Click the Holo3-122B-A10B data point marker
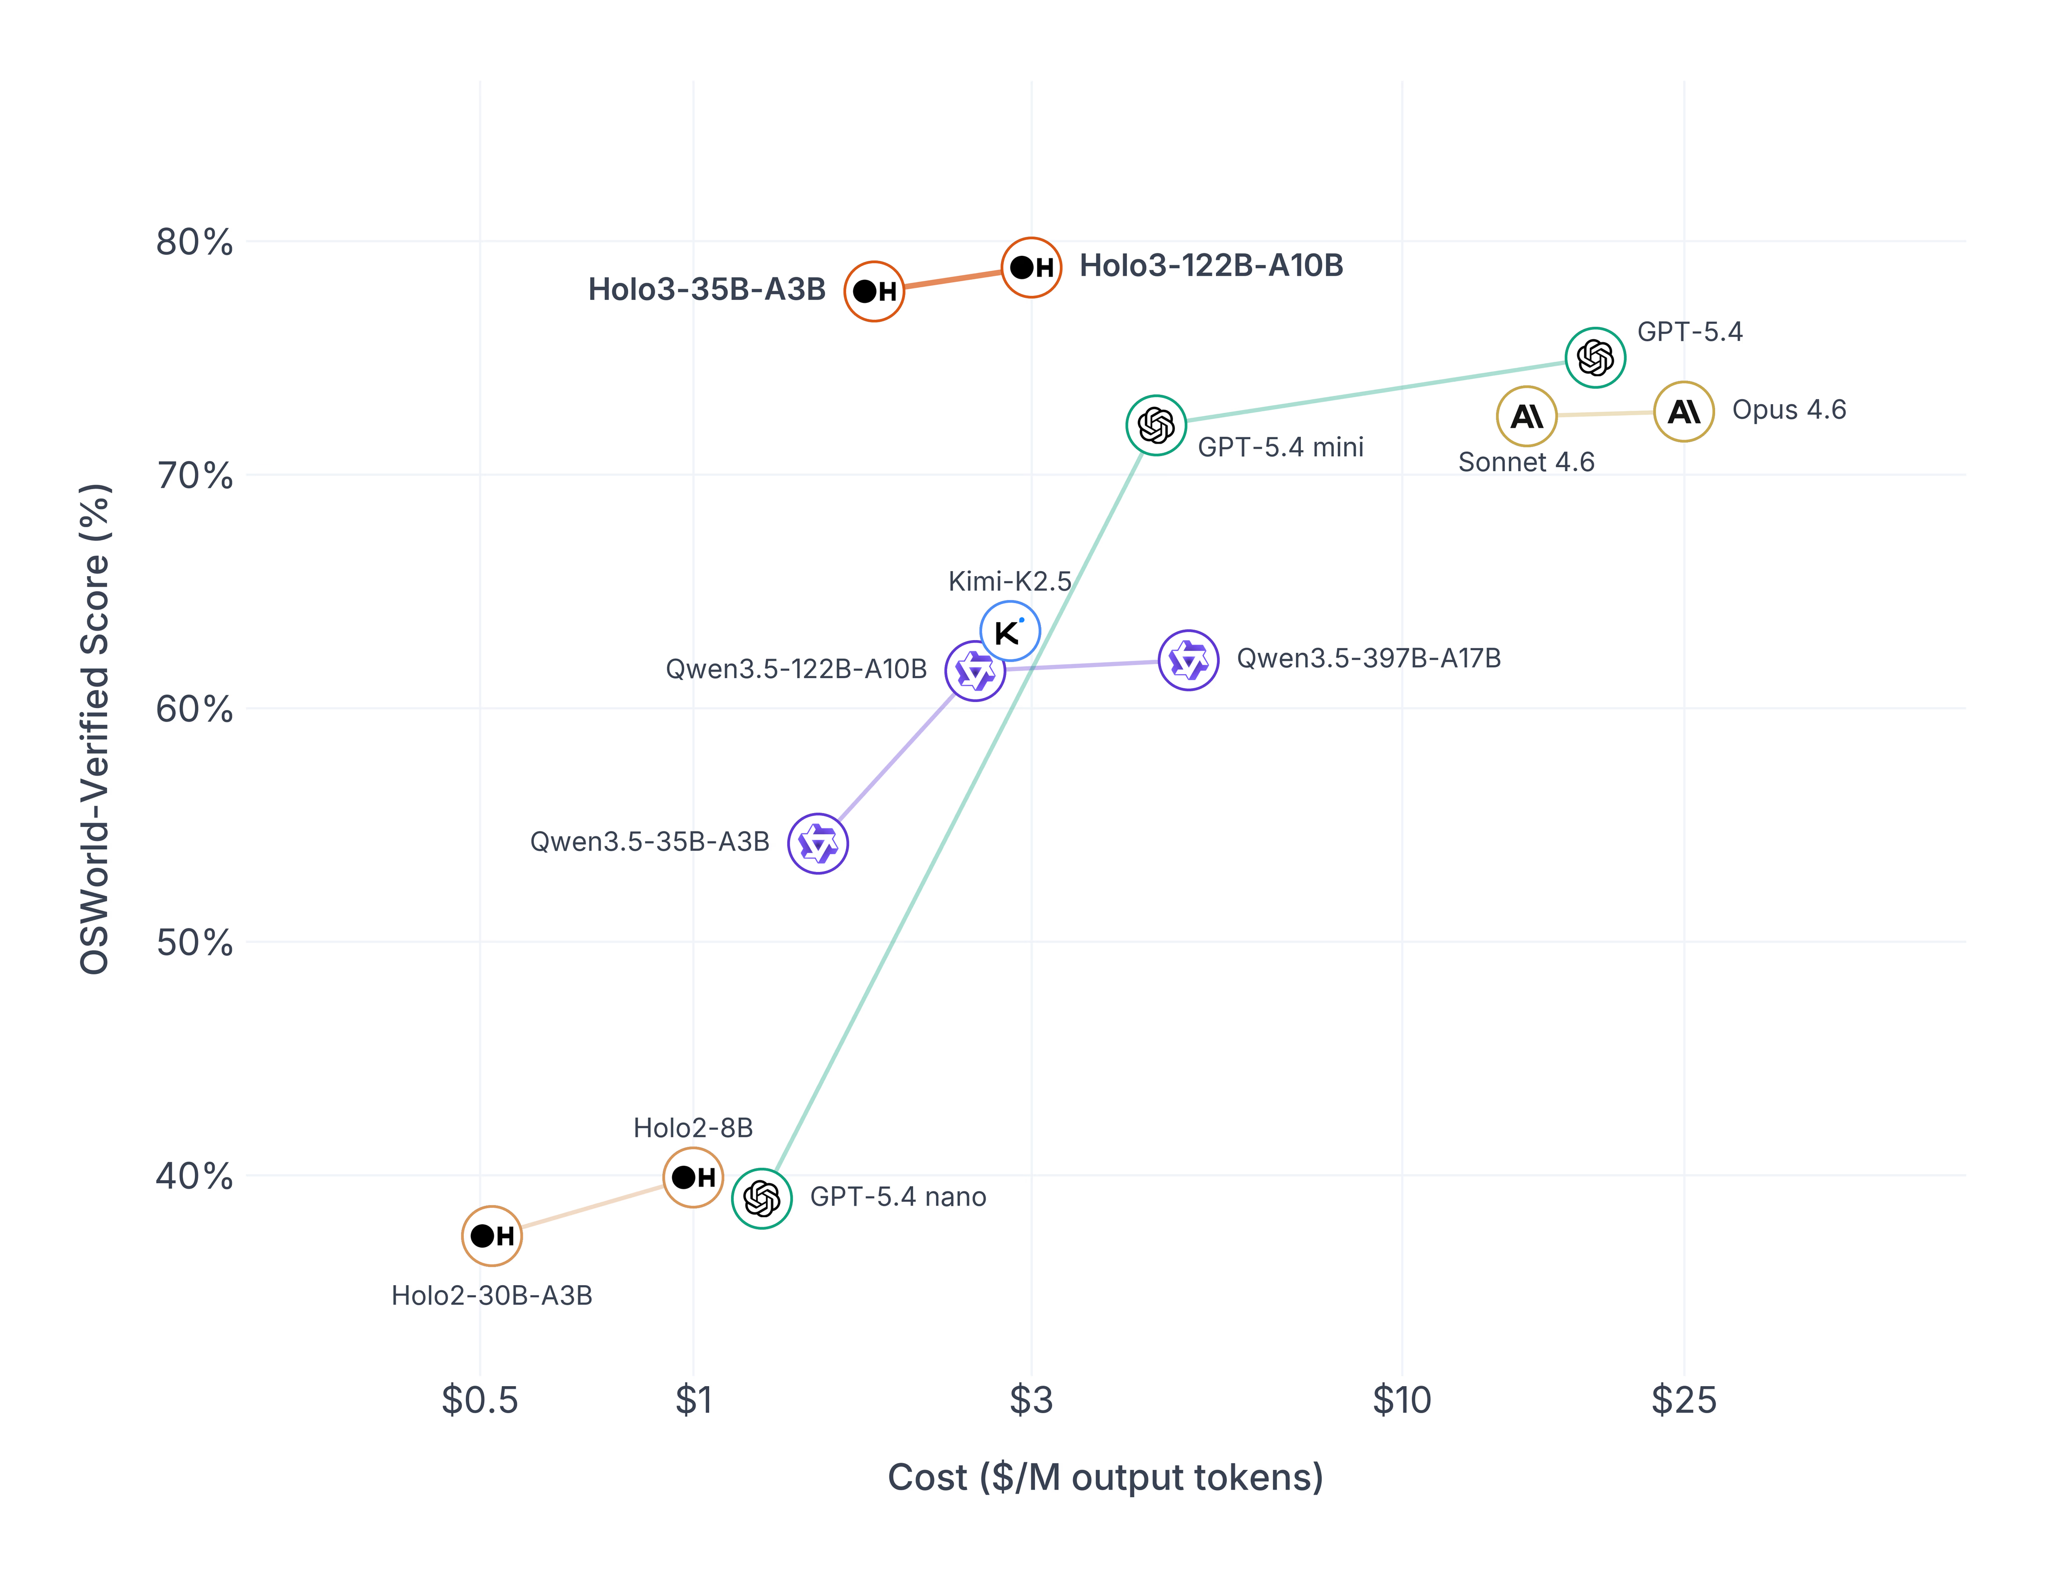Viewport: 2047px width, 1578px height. [x=1031, y=268]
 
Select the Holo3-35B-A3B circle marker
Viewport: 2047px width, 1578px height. [x=874, y=291]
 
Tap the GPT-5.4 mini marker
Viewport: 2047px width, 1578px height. [x=1155, y=425]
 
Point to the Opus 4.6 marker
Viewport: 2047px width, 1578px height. [x=1683, y=411]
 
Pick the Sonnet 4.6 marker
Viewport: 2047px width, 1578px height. [x=1526, y=416]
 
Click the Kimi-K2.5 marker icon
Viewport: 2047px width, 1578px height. [x=1010, y=632]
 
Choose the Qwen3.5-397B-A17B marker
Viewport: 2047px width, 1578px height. [x=1188, y=661]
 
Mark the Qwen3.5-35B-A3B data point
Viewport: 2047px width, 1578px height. [x=817, y=843]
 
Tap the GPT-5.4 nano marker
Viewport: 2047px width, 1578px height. [x=761, y=1199]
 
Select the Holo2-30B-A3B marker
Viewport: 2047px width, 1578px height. [x=491, y=1236]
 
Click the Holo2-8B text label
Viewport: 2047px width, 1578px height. [x=693, y=1127]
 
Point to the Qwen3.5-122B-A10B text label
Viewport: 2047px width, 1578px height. [x=796, y=669]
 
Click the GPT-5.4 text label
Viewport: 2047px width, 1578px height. [x=1689, y=332]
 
